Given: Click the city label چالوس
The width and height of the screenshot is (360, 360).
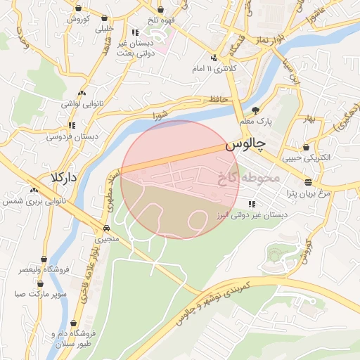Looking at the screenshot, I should click(x=246, y=146).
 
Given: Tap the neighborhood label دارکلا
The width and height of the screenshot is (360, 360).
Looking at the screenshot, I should click(x=63, y=176).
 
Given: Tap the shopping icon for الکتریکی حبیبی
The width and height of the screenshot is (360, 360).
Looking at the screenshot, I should click(x=307, y=147).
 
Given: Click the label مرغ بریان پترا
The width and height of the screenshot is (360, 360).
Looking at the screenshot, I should click(x=306, y=192).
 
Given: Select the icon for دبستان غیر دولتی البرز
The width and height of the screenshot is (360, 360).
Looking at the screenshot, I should click(x=252, y=204).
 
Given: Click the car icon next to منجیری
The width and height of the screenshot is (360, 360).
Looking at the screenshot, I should click(x=105, y=228).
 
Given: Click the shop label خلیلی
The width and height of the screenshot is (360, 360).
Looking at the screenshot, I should click(x=104, y=30).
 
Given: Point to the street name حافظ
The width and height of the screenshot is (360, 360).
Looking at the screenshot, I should click(x=217, y=100).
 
